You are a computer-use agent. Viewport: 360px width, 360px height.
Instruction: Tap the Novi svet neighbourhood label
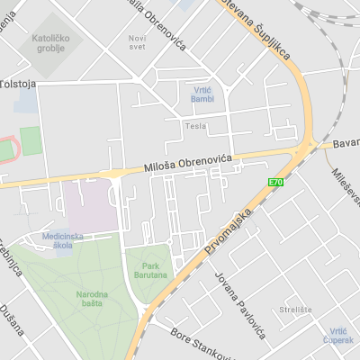137,41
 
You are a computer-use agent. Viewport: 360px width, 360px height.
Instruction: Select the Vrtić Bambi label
202,94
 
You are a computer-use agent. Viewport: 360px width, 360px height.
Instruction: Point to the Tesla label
195,126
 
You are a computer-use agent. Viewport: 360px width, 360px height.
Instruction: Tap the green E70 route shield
275,183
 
